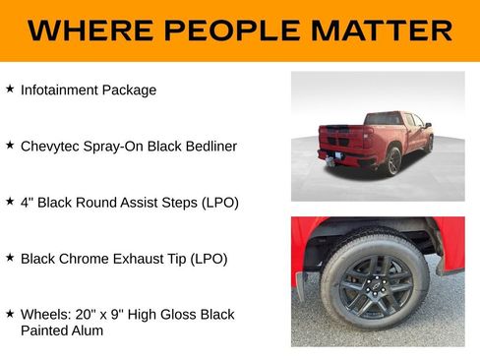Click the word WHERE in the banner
(x=88, y=30)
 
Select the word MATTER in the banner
(x=383, y=30)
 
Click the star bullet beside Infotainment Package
(x=10, y=89)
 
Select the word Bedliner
(x=208, y=146)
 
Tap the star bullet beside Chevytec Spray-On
(x=10, y=145)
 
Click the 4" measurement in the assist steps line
(x=27, y=202)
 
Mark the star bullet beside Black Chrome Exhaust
(x=10, y=258)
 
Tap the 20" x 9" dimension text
(x=103, y=315)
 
